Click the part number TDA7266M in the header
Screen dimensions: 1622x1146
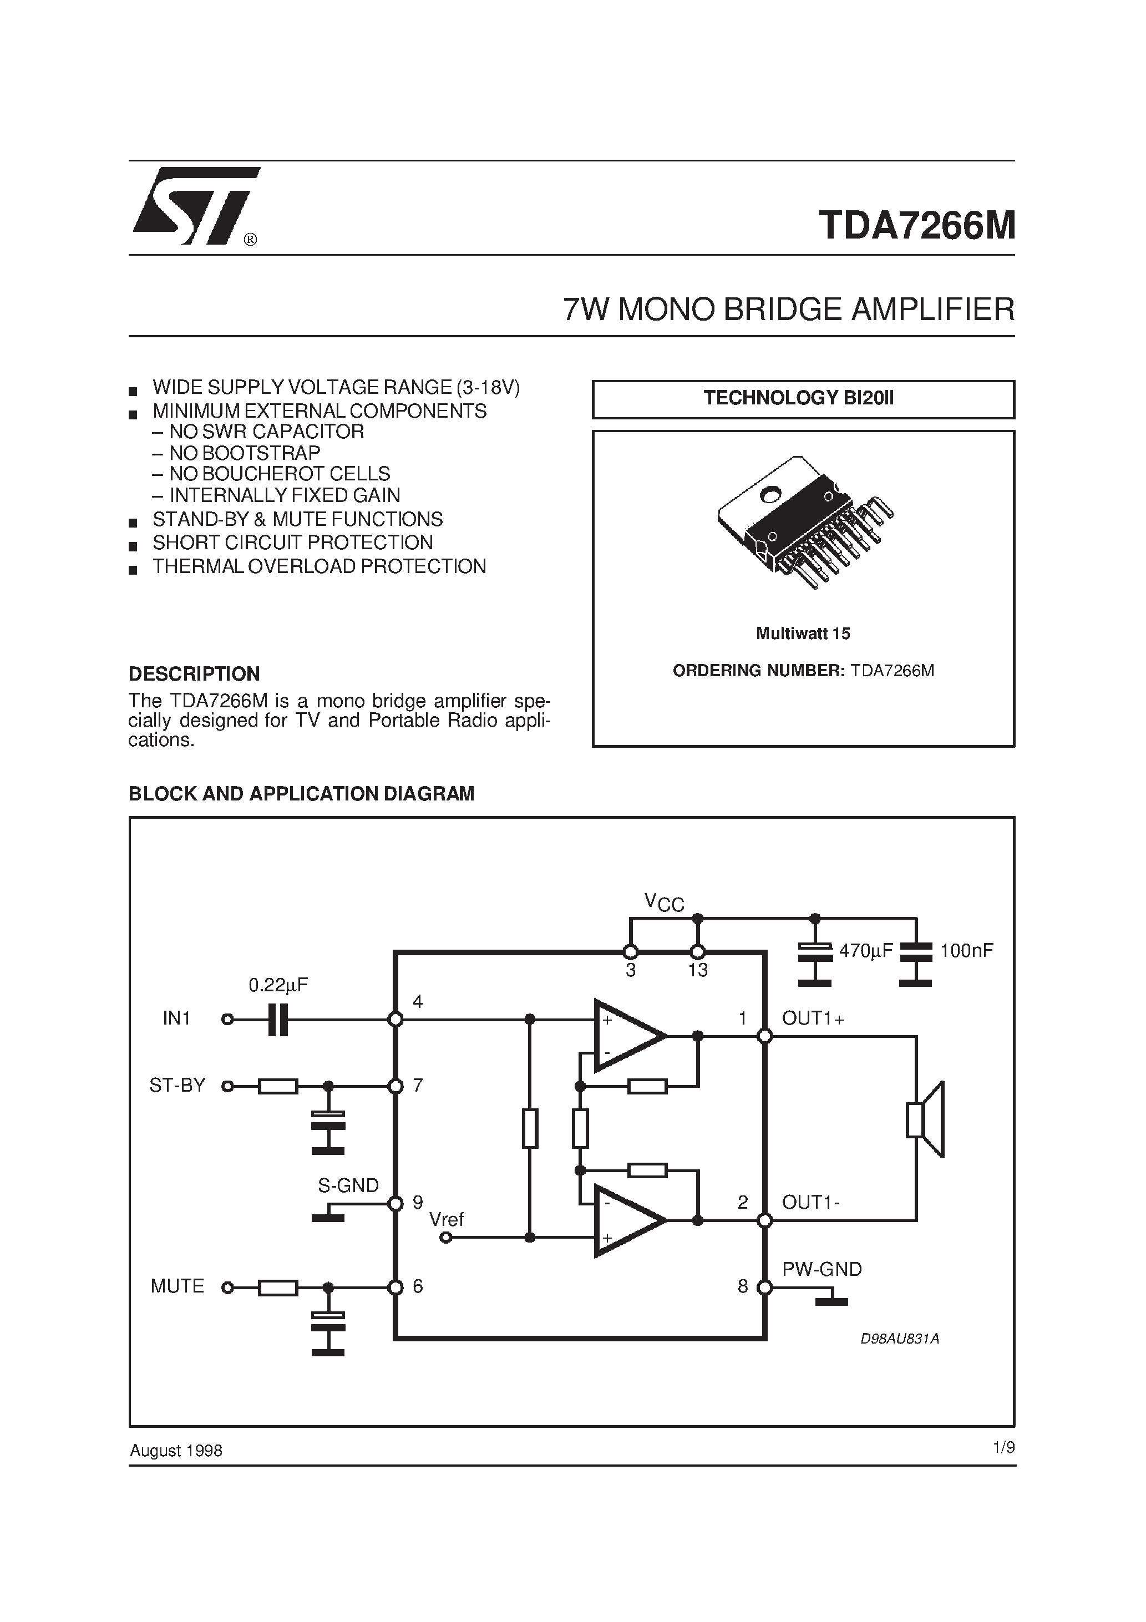coord(916,226)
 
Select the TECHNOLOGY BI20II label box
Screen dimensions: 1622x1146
coord(803,399)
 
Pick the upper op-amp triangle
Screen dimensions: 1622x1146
coord(628,1036)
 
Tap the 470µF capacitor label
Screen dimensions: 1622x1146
coord(866,951)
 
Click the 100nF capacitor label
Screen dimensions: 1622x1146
coord(966,951)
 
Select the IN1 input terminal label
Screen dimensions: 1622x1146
coord(176,1018)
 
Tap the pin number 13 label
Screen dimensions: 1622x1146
coord(698,971)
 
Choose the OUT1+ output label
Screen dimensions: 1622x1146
coord(813,1018)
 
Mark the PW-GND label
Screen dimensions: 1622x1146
coord(822,1270)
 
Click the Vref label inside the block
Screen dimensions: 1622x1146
coord(447,1219)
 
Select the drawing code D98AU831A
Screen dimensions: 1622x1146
coord(899,1338)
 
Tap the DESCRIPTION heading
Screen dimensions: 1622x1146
coord(194,674)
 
